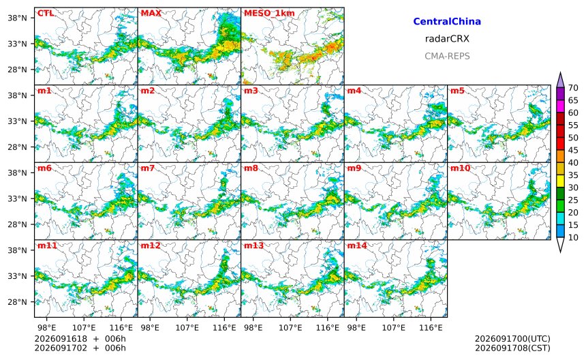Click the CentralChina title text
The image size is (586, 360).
[447, 21]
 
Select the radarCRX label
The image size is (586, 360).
[447, 38]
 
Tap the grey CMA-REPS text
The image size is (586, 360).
[447, 56]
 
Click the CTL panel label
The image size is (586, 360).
[46, 13]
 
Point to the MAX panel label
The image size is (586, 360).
[151, 13]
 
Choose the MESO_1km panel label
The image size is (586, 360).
[269, 14]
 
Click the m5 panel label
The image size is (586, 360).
[457, 91]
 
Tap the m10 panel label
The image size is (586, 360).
[460, 168]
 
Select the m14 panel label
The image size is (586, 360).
[357, 245]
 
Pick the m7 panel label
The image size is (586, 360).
[148, 168]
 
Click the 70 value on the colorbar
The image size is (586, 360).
[573, 88]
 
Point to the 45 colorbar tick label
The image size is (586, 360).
[573, 150]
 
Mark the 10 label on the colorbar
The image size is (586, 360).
[573, 237]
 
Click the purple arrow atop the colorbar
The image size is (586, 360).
[560, 80]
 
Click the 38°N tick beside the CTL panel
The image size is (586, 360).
[18, 18]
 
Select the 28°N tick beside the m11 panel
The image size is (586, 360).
[18, 301]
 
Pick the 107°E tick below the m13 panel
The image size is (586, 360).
[290, 328]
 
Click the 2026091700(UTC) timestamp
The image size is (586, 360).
[512, 339]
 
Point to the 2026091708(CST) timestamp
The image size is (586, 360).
[512, 348]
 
